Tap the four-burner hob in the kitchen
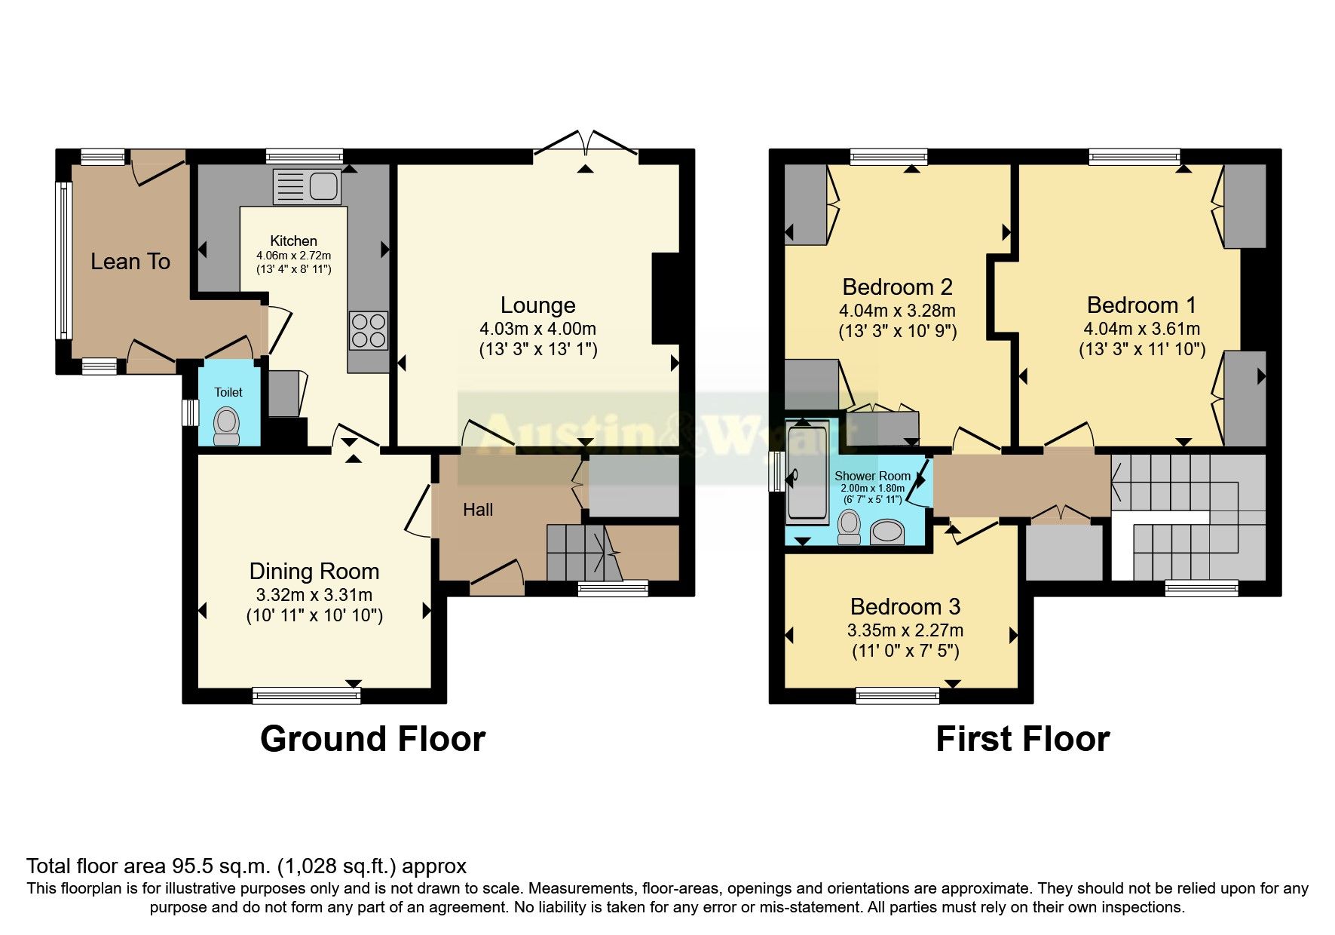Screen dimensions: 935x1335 [x=369, y=331]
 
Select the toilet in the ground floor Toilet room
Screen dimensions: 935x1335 [x=226, y=426]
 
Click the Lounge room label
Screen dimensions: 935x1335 [x=537, y=305]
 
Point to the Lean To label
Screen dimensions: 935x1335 [x=130, y=262]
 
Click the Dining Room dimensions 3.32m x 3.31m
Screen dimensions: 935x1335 [x=314, y=595]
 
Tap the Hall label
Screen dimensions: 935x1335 [x=478, y=510]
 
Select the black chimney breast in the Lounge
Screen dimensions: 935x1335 [x=665, y=299]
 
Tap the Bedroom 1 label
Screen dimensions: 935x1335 [x=1141, y=305]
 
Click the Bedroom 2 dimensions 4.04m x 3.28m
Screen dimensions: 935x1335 [x=897, y=311]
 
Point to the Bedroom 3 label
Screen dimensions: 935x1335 [x=905, y=607]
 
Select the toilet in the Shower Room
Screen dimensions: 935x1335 [x=850, y=527]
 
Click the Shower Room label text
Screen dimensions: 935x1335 [x=872, y=476]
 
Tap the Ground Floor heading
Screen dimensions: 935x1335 [x=372, y=739]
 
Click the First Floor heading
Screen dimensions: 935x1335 [x=1022, y=739]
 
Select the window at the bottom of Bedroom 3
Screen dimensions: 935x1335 [x=897, y=695]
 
